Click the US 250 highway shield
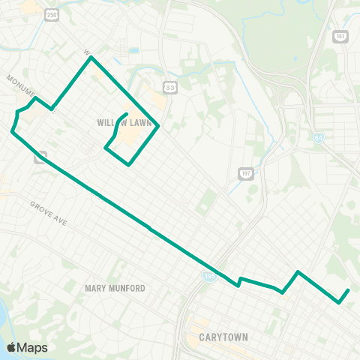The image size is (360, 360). click(50, 13)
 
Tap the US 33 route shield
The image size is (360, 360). click(171, 86)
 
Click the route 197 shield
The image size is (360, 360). click(244, 174)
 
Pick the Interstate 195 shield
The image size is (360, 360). click(206, 277)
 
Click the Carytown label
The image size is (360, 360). click(224, 337)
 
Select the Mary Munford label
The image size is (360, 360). click(115, 288)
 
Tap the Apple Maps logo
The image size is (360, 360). click(26, 347)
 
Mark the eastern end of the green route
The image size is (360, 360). click(349, 290)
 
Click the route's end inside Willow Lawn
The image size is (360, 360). click(125, 114)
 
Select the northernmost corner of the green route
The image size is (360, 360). click(91, 58)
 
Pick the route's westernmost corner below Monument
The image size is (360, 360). click(12, 131)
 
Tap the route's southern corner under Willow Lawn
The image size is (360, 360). click(129, 165)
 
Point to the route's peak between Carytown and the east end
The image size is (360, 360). click(298, 271)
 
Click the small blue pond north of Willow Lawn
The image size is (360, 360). click(133, 51)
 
